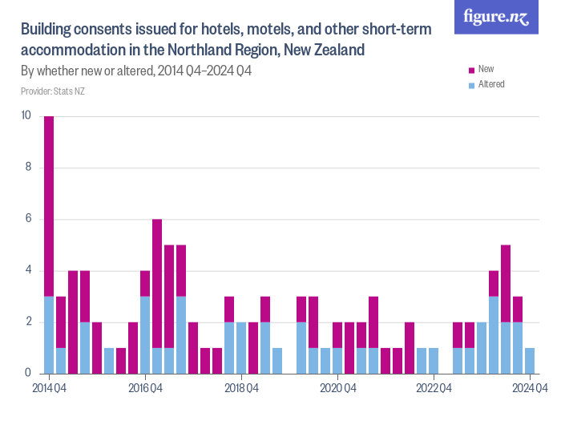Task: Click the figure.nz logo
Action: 496,17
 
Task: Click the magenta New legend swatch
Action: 470,70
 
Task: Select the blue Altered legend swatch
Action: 470,84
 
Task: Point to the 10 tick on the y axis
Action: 26,115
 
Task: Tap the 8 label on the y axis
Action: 27,168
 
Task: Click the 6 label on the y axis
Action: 27,219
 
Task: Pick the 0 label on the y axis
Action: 27,374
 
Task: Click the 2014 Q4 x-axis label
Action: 49,389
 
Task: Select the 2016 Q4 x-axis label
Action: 145,389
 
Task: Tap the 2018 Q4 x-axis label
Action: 241,389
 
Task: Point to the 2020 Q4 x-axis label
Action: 337,389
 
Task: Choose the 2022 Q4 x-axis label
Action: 434,389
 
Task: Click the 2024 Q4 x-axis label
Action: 530,389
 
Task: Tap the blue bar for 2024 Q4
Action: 530,361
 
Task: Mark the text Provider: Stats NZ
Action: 53,91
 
